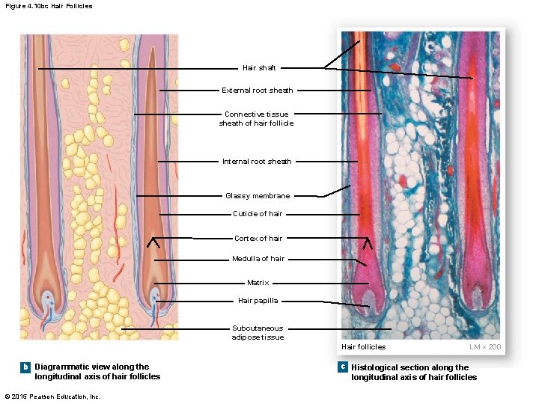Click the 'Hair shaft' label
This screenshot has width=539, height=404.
tap(259, 68)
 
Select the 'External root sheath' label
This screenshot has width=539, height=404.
tap(258, 91)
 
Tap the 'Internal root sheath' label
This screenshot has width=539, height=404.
tap(257, 162)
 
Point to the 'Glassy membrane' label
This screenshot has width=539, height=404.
tap(258, 196)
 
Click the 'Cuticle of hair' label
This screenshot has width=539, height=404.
tap(258, 214)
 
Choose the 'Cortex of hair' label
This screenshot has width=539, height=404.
tap(258, 239)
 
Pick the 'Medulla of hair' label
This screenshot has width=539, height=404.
tap(258, 259)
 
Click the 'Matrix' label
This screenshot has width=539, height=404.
tap(258, 283)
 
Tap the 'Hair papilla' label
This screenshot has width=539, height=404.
tap(258, 301)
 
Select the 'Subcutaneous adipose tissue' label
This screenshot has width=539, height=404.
tap(258, 332)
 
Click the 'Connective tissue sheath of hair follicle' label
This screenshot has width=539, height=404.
tap(256, 119)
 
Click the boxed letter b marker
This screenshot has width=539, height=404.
tap(25, 367)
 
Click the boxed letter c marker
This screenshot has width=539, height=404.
tap(342, 367)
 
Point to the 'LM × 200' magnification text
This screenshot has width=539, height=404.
tap(485, 346)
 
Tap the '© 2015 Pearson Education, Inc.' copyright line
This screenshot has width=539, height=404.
tap(52, 397)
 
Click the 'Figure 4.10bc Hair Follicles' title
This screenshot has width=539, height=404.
tap(48, 6)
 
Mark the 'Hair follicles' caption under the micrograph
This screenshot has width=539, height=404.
tap(364, 346)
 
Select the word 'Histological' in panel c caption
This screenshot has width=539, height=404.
tap(375, 367)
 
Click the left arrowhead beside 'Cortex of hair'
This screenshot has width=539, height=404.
tap(154, 242)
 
